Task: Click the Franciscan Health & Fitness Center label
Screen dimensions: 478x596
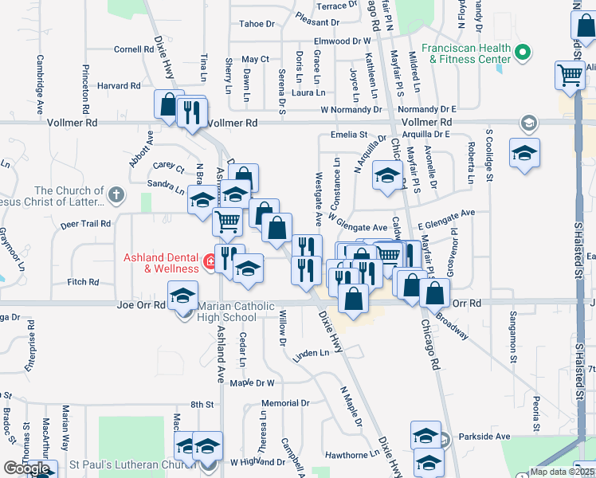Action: (466, 53)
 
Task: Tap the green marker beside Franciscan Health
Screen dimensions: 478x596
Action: (523, 53)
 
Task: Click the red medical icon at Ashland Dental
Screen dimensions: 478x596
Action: (210, 261)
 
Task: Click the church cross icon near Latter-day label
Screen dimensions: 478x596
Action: (116, 194)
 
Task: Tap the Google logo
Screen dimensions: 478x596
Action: (26, 468)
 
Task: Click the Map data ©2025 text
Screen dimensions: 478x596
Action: (562, 472)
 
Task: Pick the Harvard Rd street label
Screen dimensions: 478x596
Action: (119, 85)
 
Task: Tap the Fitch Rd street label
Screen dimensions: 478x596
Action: (83, 282)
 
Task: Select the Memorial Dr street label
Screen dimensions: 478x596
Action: (284, 404)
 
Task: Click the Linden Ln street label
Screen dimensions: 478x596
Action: (311, 352)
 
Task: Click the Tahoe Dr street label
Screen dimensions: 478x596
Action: (257, 24)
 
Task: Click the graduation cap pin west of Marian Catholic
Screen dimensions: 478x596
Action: (182, 296)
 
